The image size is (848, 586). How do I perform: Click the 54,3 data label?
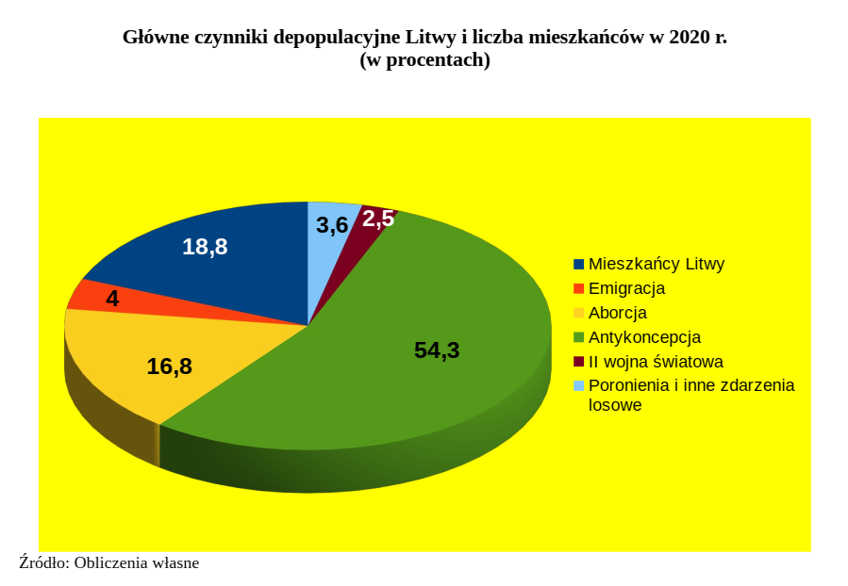click(x=437, y=350)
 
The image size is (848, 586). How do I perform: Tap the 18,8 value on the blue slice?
click(x=205, y=247)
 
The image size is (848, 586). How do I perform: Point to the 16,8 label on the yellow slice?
click(x=170, y=366)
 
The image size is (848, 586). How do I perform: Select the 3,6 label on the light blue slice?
click(x=332, y=225)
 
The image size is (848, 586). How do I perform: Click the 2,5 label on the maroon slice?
click(x=378, y=220)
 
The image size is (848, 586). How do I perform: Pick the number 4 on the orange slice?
click(x=112, y=299)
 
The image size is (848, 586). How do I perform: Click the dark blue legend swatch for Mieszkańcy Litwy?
click(x=579, y=264)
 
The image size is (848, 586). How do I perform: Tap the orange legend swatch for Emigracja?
click(x=579, y=288)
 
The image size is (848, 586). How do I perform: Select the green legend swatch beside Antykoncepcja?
click(x=579, y=337)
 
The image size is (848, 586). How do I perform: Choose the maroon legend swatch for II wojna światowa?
click(x=579, y=362)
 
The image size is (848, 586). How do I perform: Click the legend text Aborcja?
click(x=618, y=313)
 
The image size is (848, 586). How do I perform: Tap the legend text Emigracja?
click(x=626, y=288)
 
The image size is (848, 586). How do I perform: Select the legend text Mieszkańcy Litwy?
click(x=657, y=264)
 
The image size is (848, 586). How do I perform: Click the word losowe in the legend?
click(x=615, y=405)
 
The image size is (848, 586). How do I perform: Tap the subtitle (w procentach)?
click(x=424, y=59)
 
